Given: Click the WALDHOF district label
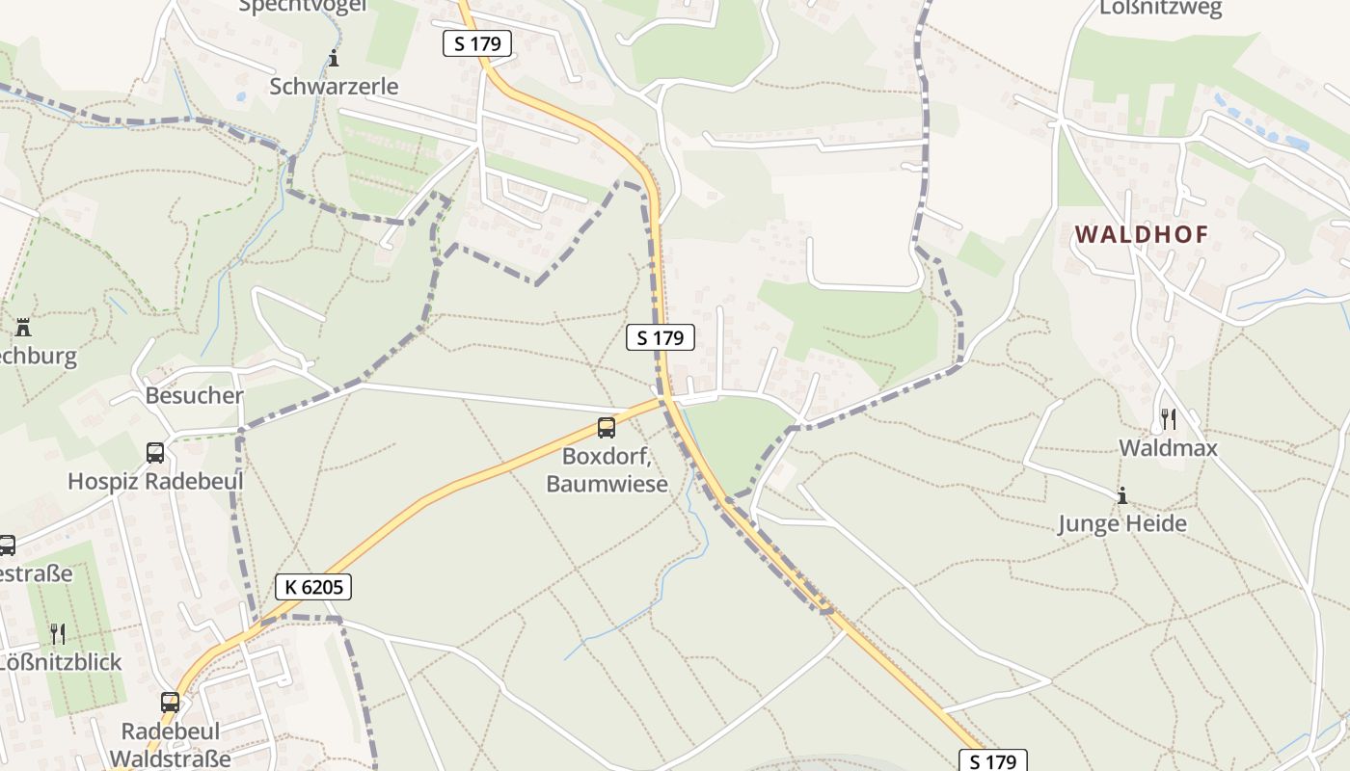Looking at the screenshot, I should [x=1141, y=234].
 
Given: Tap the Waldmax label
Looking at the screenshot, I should [x=1168, y=447].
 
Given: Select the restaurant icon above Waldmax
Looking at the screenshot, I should [x=1168, y=418].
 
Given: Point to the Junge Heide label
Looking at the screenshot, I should [x=1121, y=523].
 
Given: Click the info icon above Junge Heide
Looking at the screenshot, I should [x=1121, y=496].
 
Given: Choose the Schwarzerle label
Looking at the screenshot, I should [x=334, y=86].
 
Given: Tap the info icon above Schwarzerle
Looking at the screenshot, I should [x=334, y=59].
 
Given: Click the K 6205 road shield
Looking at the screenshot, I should [x=313, y=586].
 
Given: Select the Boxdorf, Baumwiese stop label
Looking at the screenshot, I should [x=607, y=468].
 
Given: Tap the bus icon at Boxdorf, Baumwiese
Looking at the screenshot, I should [x=607, y=428].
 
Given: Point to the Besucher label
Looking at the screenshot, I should [x=194, y=395].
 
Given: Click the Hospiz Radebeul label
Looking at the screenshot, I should [x=155, y=481].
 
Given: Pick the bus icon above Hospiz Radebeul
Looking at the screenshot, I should [x=155, y=452].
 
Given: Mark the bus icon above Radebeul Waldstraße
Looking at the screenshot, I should [x=171, y=702].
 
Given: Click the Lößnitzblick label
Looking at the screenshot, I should [x=60, y=661].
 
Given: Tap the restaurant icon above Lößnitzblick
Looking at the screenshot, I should [x=58, y=633].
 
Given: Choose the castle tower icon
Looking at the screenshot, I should [x=23, y=328].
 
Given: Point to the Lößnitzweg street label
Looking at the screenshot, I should [x=1160, y=9].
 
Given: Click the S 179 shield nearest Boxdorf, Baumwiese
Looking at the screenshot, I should [x=661, y=337].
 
